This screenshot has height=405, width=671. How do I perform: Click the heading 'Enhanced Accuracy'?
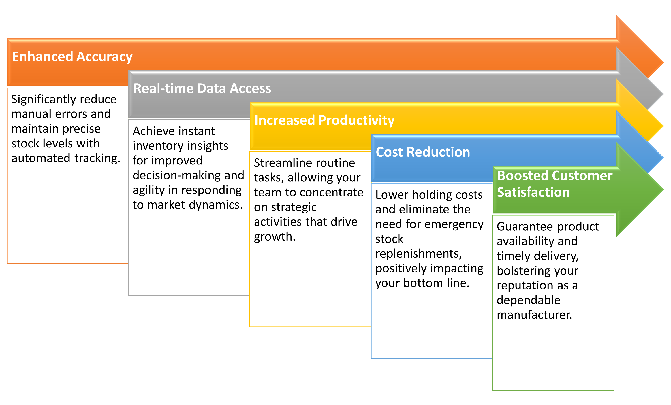click(72, 57)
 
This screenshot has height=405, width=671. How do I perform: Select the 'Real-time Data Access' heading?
click(202, 88)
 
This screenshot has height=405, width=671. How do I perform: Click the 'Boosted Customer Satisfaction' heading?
click(555, 184)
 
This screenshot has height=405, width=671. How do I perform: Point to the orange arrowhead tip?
click(663, 63)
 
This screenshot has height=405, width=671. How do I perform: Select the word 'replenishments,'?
click(419, 254)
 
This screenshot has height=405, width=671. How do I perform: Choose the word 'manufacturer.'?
click(534, 315)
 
